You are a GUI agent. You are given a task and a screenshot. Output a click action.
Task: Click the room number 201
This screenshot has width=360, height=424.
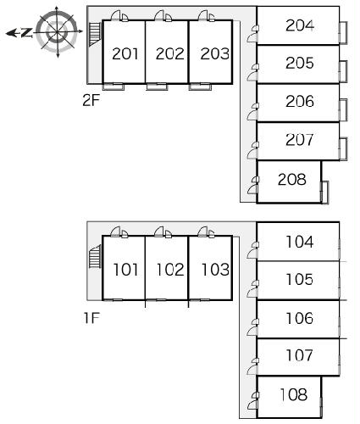125,53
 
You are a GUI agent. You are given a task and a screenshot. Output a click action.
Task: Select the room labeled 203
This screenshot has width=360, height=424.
214,53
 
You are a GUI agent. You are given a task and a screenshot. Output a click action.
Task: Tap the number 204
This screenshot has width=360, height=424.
300,25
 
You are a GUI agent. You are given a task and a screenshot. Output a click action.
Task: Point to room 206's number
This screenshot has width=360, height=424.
300,102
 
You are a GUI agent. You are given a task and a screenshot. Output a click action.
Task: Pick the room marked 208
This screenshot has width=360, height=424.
292,179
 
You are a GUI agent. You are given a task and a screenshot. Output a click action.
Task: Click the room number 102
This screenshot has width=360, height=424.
170,270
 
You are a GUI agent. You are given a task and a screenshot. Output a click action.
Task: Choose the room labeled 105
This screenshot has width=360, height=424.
299,279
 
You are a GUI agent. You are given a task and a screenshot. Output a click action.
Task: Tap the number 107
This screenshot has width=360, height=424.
299,355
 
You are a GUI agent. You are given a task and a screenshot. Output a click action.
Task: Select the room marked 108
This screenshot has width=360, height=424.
294,394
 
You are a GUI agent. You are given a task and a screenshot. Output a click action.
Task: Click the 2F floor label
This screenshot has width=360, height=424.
91,100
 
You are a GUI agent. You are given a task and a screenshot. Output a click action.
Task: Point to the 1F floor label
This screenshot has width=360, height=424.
91,318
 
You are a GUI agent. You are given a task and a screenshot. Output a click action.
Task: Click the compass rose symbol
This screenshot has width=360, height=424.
58,32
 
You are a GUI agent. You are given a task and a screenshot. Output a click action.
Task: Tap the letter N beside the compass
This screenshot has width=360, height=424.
26,33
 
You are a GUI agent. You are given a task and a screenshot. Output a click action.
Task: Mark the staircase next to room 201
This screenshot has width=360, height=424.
95,34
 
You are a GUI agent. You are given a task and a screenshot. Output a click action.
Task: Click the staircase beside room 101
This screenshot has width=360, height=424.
95,257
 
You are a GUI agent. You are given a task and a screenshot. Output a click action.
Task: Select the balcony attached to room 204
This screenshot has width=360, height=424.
343,32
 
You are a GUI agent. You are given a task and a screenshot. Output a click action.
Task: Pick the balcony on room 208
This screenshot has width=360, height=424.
325,192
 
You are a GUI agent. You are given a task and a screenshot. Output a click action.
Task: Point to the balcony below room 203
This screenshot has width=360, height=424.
200,86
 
